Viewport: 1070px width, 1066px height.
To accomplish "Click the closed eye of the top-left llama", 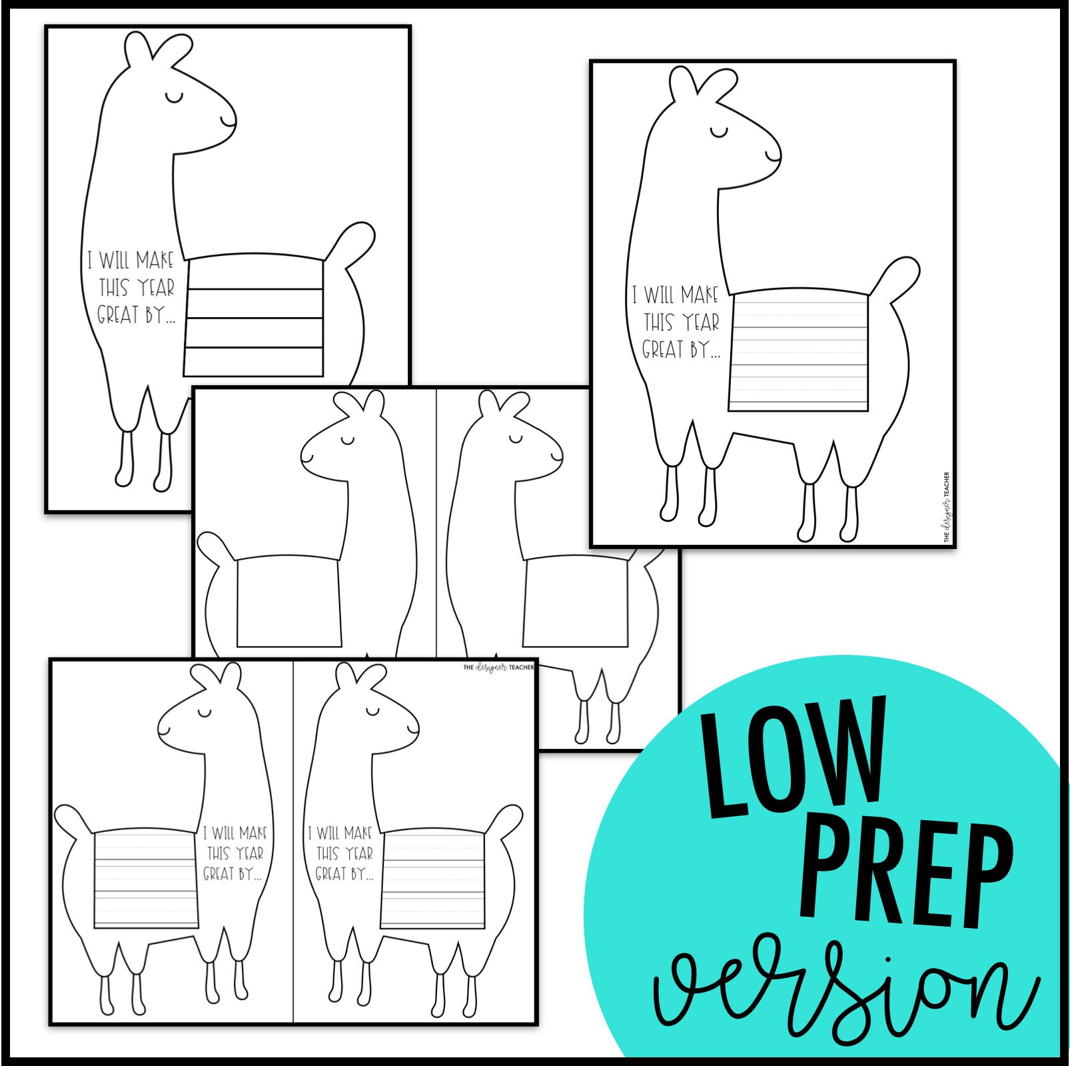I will click(x=175, y=98).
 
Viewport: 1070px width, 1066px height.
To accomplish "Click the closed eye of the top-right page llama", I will click(x=720, y=132).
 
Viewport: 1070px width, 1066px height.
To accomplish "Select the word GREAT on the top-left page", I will click(x=118, y=314).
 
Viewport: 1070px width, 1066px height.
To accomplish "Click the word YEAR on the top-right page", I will click(x=701, y=323).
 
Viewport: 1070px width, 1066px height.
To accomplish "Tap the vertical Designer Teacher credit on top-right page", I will click(x=947, y=506).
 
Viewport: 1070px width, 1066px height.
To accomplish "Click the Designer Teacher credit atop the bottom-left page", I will click(x=498, y=667).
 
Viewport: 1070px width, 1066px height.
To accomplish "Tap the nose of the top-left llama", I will click(x=230, y=121).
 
